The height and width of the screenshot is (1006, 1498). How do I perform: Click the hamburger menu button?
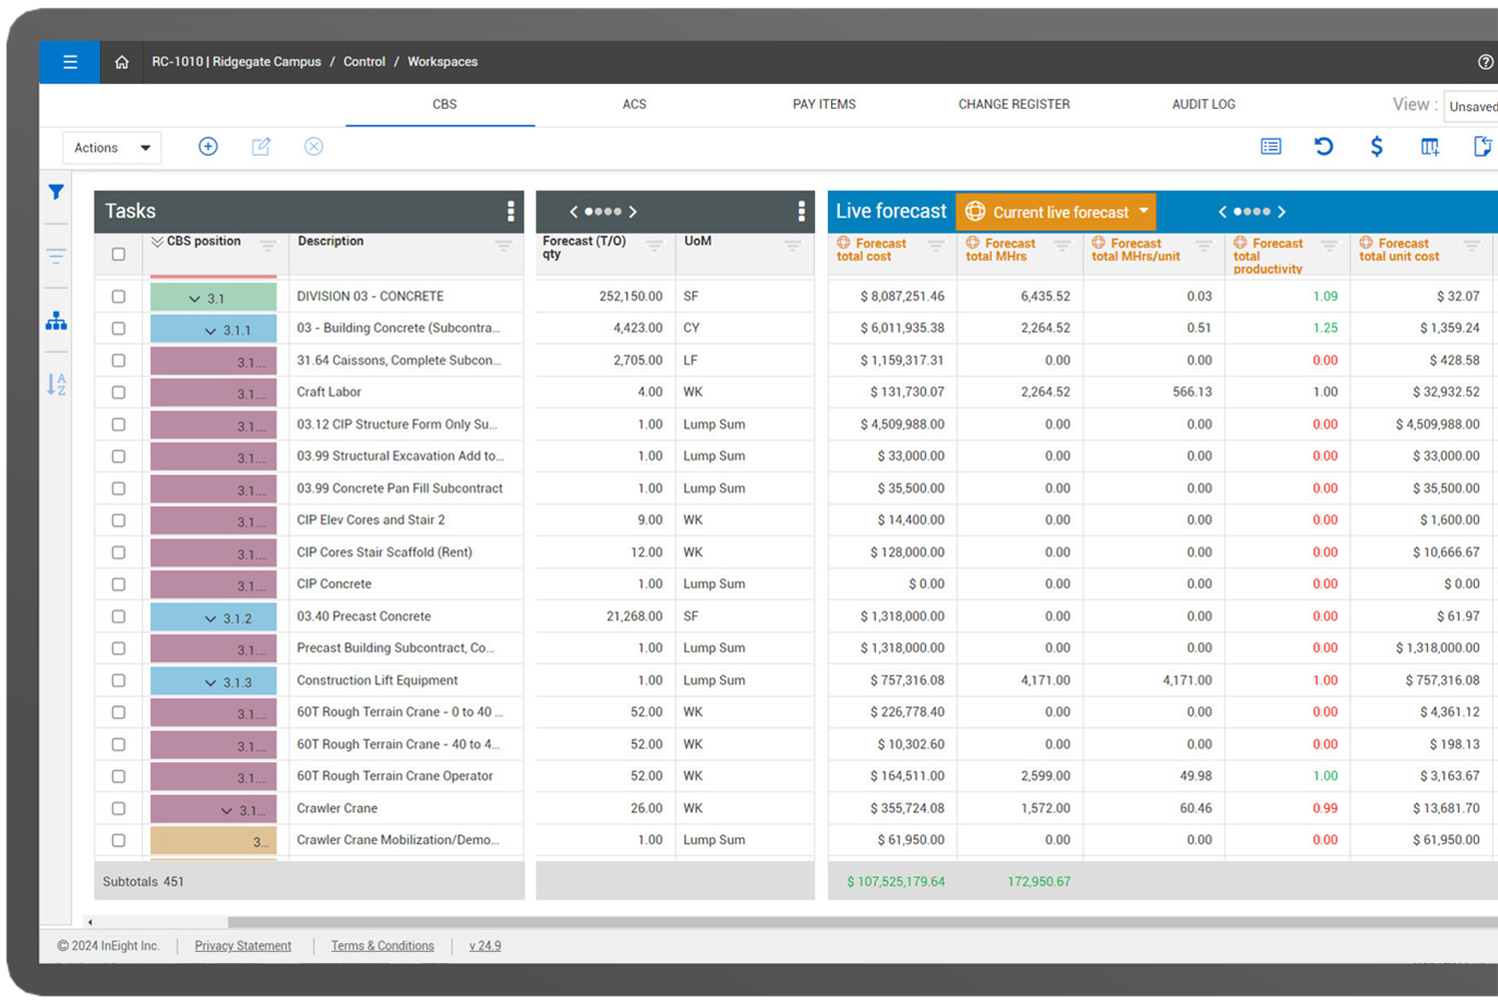pyautogui.click(x=70, y=62)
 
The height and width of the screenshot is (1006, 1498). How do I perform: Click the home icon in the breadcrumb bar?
pyautogui.click(x=122, y=62)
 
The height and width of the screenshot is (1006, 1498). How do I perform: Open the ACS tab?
pyautogui.click(x=634, y=104)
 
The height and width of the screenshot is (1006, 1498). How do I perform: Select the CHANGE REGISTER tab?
pyautogui.click(x=1014, y=104)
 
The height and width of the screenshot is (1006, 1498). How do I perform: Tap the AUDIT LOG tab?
pyautogui.click(x=1203, y=104)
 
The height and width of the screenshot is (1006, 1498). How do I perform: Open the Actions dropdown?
pyautogui.click(x=111, y=148)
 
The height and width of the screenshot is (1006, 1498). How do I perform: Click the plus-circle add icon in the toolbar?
pyautogui.click(x=208, y=147)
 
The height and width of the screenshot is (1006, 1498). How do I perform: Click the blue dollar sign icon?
pyautogui.click(x=1376, y=147)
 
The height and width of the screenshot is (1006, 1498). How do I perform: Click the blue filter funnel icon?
pyautogui.click(x=57, y=192)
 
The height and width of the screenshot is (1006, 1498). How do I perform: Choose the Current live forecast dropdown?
pyautogui.click(x=1056, y=212)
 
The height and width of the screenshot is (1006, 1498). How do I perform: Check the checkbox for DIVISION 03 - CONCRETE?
pyautogui.click(x=119, y=297)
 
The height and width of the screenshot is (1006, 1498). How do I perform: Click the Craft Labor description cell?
pyautogui.click(x=330, y=393)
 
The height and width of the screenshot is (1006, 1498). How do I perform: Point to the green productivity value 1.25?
pyautogui.click(x=1325, y=328)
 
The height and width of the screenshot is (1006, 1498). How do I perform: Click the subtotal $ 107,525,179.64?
pyautogui.click(x=896, y=882)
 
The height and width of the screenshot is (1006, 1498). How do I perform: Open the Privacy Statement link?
pyautogui.click(x=243, y=946)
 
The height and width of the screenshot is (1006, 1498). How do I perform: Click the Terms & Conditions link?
pyautogui.click(x=382, y=946)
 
